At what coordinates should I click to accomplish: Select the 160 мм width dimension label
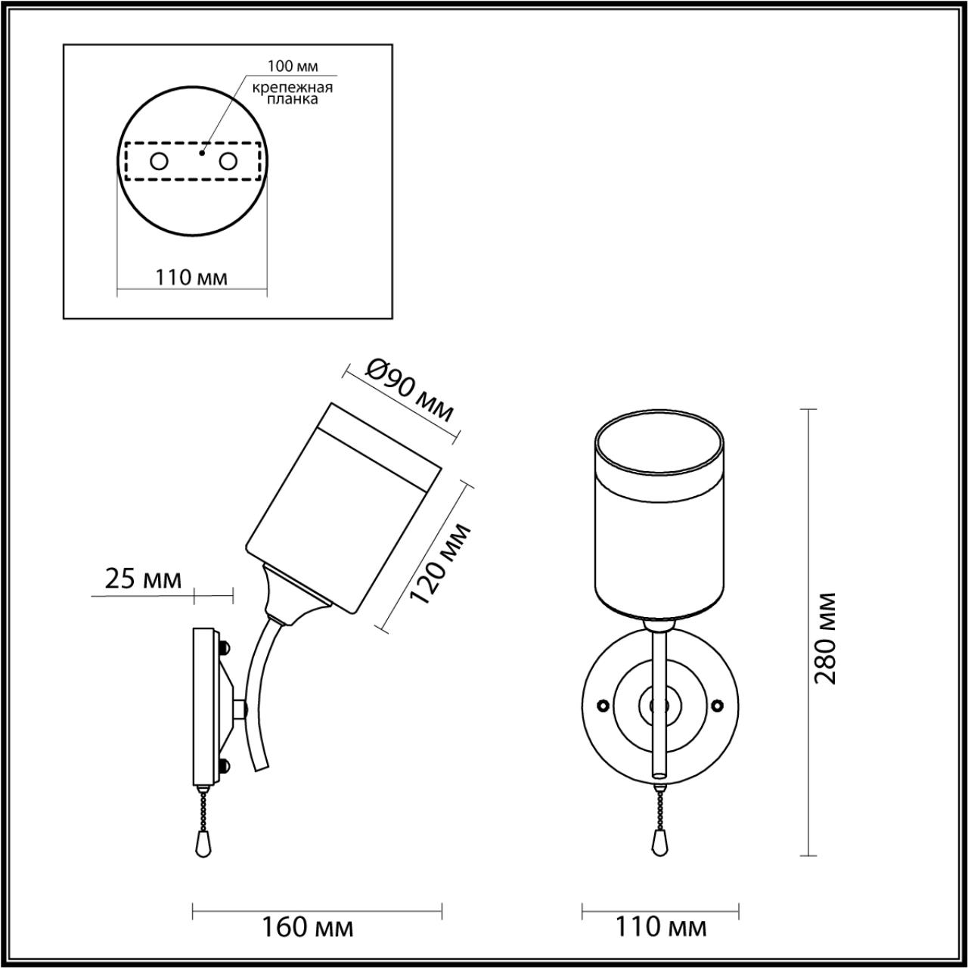point(307,927)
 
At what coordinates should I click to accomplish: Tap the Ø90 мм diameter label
point(409,389)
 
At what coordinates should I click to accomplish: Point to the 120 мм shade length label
point(439,563)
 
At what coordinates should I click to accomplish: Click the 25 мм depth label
point(143,579)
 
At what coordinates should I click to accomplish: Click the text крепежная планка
point(292,93)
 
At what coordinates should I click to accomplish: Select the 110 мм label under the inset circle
point(192,278)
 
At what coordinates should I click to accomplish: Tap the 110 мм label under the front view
point(661,927)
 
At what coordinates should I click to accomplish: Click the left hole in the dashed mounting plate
point(159,161)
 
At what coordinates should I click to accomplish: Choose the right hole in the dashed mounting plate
point(228,161)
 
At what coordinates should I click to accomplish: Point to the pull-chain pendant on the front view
point(659,841)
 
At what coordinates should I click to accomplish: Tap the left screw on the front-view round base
point(603,705)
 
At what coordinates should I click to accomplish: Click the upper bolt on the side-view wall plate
point(224,648)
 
